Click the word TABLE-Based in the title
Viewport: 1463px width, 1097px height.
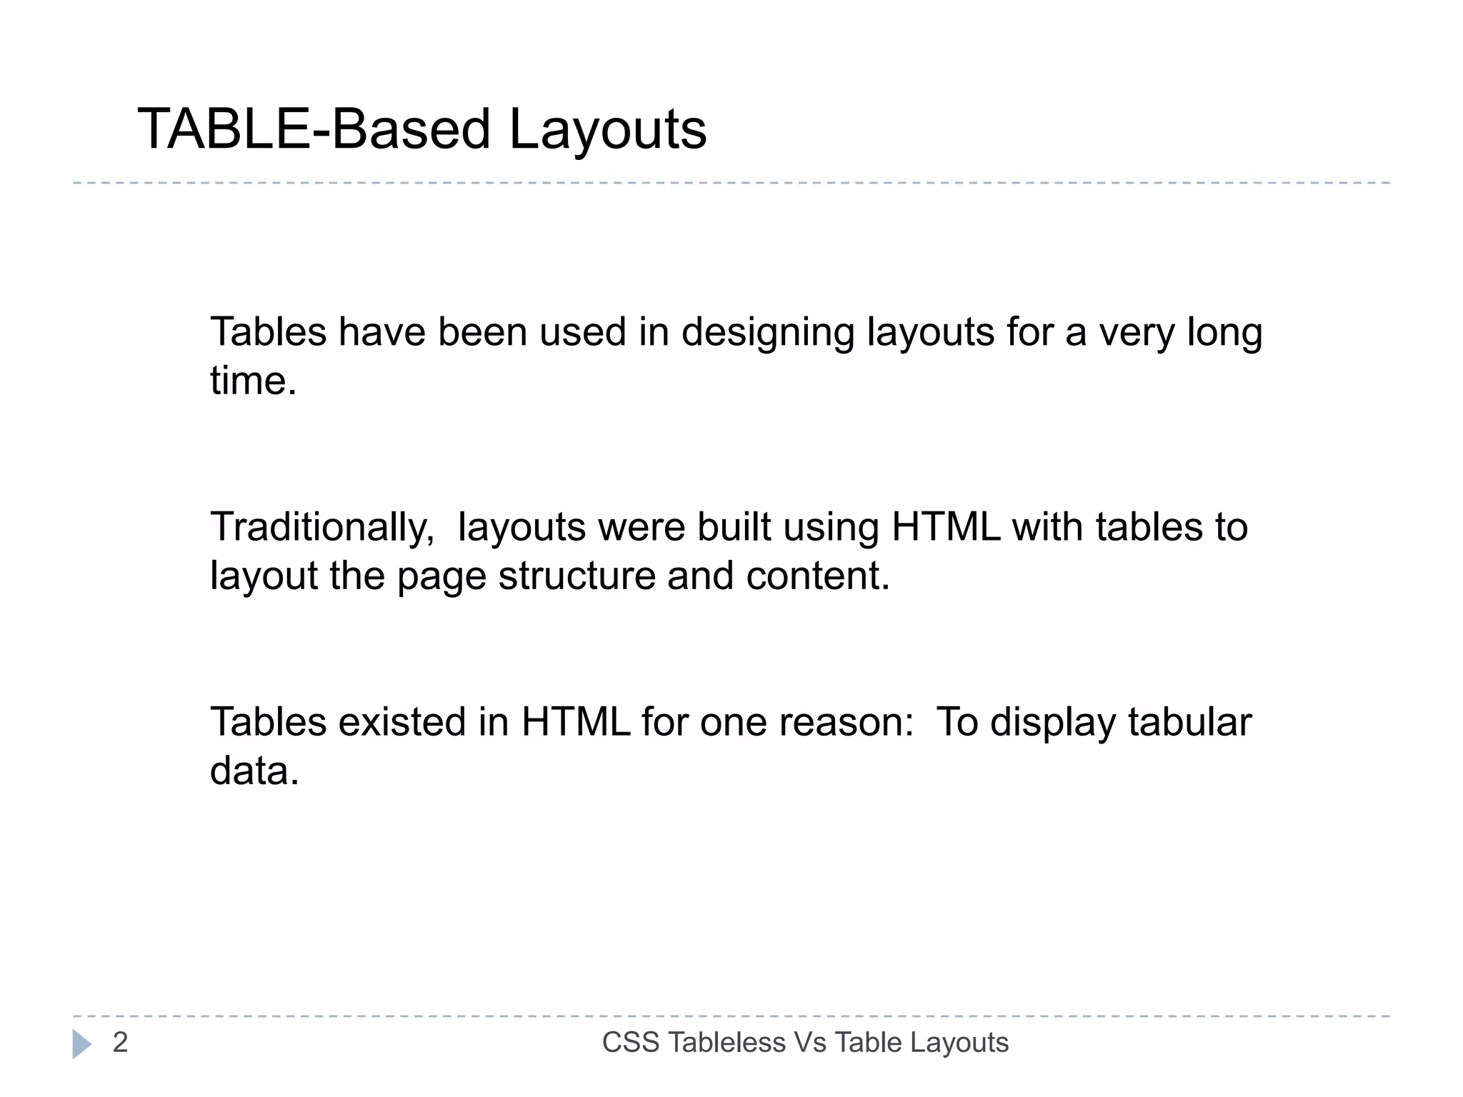pos(314,129)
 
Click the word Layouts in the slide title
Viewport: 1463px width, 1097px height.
pos(607,131)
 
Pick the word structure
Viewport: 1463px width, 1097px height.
pos(576,576)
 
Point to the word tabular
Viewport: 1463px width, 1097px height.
pos(1189,722)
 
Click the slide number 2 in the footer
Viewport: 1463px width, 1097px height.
pos(120,1043)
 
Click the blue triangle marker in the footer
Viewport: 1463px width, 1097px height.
pos(81,1044)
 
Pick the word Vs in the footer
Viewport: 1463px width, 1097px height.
pos(810,1043)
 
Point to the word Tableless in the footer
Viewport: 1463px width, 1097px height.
pos(726,1043)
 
